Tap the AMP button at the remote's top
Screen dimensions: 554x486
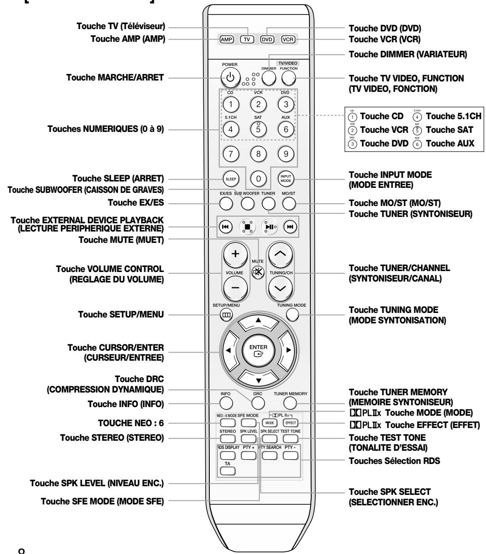point(227,39)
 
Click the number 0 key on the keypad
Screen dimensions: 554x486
point(258,179)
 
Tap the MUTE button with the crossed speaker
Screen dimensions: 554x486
point(258,277)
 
